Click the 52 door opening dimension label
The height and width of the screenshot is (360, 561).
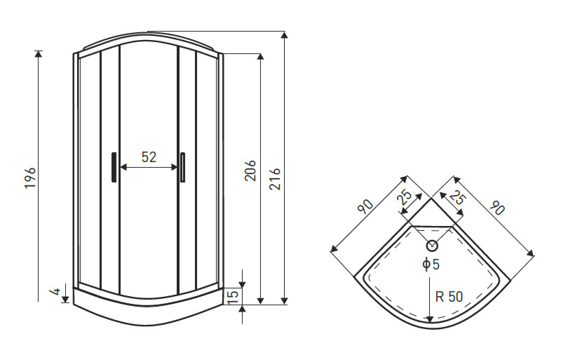pos(149,157)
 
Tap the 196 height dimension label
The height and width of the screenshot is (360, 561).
pos(30,178)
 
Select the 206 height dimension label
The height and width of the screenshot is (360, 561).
pos(250,171)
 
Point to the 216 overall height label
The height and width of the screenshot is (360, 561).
pos(275,178)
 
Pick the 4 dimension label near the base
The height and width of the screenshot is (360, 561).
pos(56,291)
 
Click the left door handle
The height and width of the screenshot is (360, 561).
pos(114,167)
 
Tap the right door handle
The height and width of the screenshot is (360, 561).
pos(183,167)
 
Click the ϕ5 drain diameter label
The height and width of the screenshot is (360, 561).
pos(431,265)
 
